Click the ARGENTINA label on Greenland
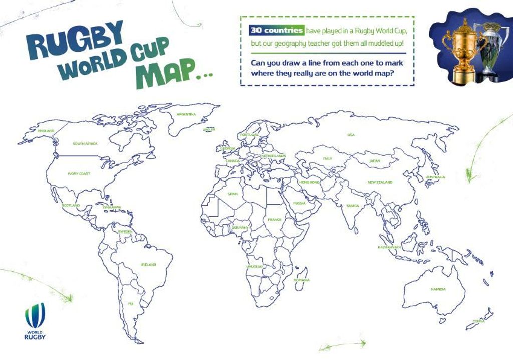coord(186,114)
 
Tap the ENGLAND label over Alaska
coord(46,131)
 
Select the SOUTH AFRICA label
coord(85,144)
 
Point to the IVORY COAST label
coord(79,174)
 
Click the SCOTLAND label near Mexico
coord(71,205)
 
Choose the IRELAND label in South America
coord(149,264)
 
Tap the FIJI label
coord(131,303)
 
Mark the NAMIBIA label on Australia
coord(438,289)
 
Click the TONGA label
coord(479,321)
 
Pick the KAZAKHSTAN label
coord(390,247)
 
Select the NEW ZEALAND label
coord(380,182)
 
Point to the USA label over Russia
coord(351,135)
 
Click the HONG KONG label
coord(309,182)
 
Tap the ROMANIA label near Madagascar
coord(302,280)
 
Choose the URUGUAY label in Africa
coord(254,266)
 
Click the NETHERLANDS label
coord(274,156)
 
